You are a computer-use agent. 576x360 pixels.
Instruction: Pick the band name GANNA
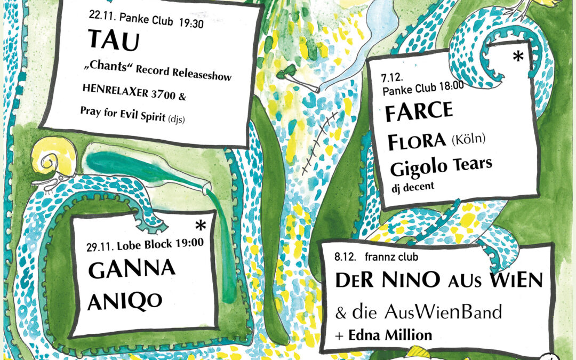[131, 270]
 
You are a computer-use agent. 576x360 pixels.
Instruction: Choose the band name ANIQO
[125, 301]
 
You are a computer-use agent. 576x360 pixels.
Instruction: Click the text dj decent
[412, 187]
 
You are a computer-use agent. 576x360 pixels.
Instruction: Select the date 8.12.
[345, 258]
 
